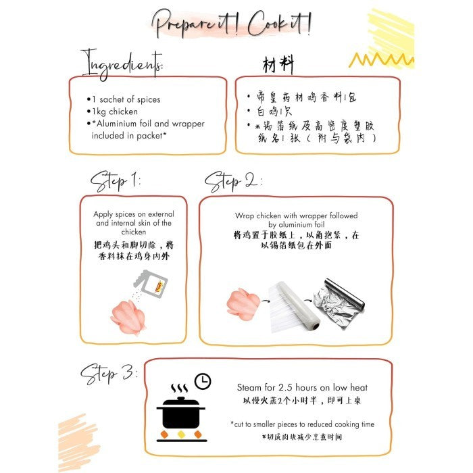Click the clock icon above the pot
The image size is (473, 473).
click(203, 381)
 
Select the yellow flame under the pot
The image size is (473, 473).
click(181, 434)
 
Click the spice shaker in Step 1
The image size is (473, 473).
click(151, 284)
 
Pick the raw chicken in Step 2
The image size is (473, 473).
click(243, 304)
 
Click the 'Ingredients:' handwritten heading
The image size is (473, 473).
click(122, 64)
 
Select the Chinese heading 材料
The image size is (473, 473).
click(278, 64)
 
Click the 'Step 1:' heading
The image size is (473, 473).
click(116, 181)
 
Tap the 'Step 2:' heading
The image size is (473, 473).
click(233, 181)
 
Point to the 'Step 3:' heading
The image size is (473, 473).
click(109, 374)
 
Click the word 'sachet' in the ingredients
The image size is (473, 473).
click(111, 99)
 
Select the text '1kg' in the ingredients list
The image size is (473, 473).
click(99, 111)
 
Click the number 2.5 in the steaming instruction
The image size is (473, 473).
click(285, 387)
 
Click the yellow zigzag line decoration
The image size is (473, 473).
click(381, 59)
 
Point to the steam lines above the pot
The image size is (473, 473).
click(180, 389)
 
